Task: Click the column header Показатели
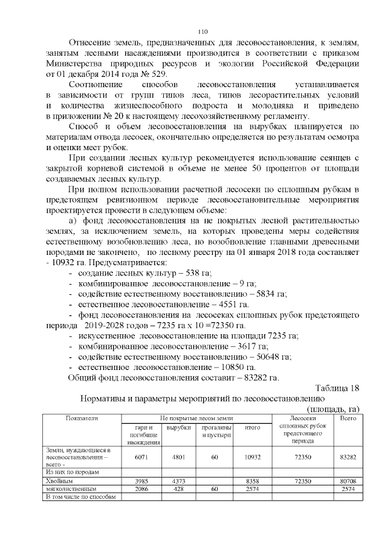tap(83, 418)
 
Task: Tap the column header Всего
tap(348, 418)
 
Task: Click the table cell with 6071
tap(143, 458)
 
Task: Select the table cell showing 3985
tap(143, 481)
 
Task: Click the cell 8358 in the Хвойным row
tap(252, 481)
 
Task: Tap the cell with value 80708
tap(348, 481)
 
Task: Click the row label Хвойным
tap(58, 481)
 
